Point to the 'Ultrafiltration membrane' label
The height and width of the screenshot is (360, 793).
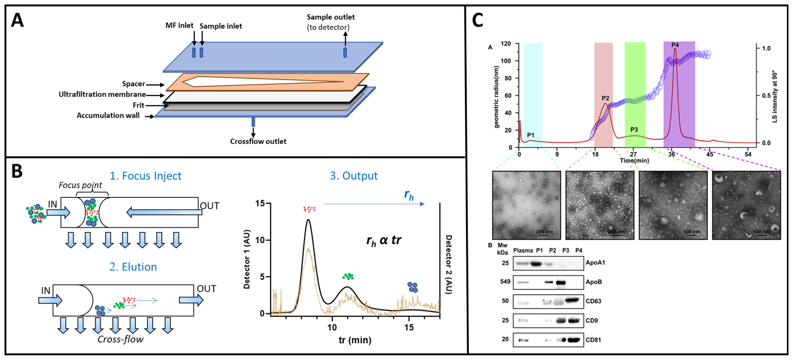tap(102, 94)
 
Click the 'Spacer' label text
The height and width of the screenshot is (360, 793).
tap(133, 84)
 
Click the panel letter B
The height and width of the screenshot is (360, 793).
tap(17, 171)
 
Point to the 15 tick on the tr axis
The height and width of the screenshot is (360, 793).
tap(409, 327)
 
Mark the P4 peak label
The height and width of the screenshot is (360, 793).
tap(675, 45)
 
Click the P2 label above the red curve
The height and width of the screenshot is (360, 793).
tap(605, 98)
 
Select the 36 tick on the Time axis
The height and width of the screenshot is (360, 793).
tap(671, 154)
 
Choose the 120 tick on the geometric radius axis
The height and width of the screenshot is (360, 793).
tap(506, 44)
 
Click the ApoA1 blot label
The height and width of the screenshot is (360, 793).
tap(595, 263)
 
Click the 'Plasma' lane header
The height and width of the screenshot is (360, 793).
tap(523, 250)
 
